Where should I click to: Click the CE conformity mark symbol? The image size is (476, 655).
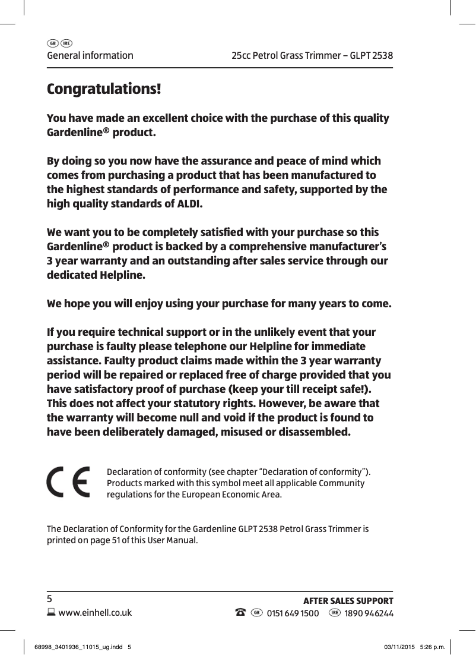pos(68,482)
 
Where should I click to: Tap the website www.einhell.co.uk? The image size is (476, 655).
pos(93,613)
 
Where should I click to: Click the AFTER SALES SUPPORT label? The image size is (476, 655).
pos(348,601)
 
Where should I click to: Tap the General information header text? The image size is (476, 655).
pos(90,56)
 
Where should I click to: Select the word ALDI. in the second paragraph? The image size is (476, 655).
pos(189,204)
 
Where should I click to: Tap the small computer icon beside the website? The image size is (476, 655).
pos(50,613)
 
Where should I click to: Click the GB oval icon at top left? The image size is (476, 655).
pos(52,43)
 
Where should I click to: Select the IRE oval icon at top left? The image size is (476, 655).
pos(66,43)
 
